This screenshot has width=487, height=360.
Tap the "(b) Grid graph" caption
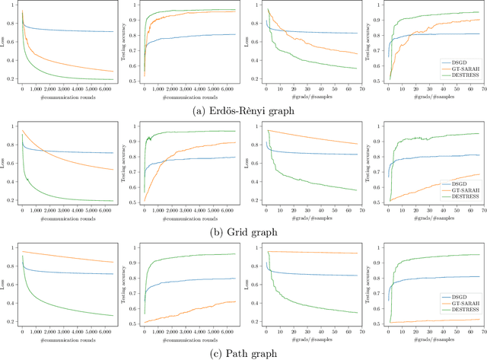pyautogui.click(x=243, y=231)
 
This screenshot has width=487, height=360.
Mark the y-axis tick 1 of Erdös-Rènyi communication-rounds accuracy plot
pyautogui.click(x=136, y=5)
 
